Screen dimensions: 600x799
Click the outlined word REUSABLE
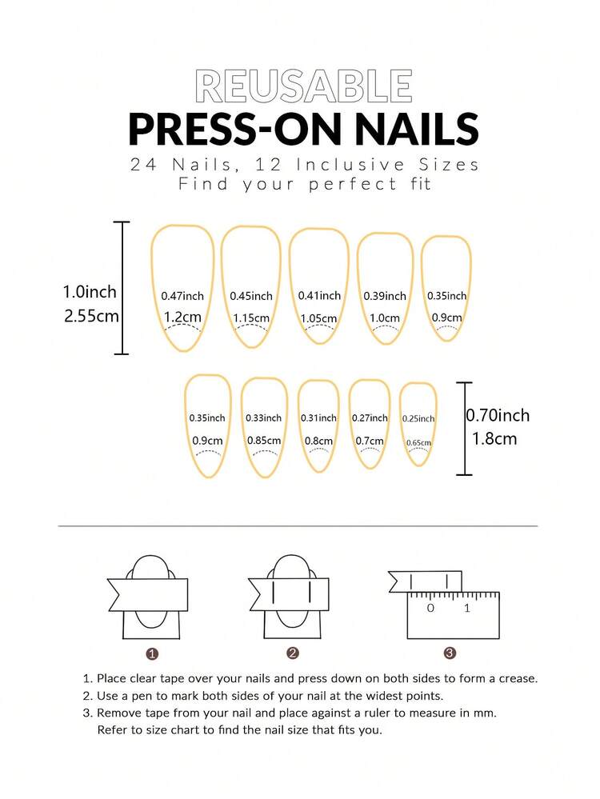click(304, 86)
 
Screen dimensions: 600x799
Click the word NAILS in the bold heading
click(417, 129)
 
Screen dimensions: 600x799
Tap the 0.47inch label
click(182, 296)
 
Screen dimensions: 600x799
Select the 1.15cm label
click(251, 318)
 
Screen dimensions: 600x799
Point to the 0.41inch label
click(320, 296)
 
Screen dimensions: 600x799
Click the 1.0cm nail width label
click(385, 318)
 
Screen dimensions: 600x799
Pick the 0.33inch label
click(263, 417)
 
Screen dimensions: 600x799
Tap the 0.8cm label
click(318, 441)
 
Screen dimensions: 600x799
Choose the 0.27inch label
click(370, 417)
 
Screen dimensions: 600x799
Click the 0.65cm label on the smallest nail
click(418, 443)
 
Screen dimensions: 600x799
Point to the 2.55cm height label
click(91, 316)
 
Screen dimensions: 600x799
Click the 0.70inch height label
click(498, 415)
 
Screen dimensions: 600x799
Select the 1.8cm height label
click(494, 439)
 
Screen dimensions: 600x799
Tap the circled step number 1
click(152, 653)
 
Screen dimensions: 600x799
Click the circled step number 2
click(292, 653)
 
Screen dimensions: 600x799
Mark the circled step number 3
click(450, 653)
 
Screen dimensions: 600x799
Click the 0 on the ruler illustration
click(430, 608)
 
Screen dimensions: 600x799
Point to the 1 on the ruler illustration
click(467, 608)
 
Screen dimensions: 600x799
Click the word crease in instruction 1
click(519, 679)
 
